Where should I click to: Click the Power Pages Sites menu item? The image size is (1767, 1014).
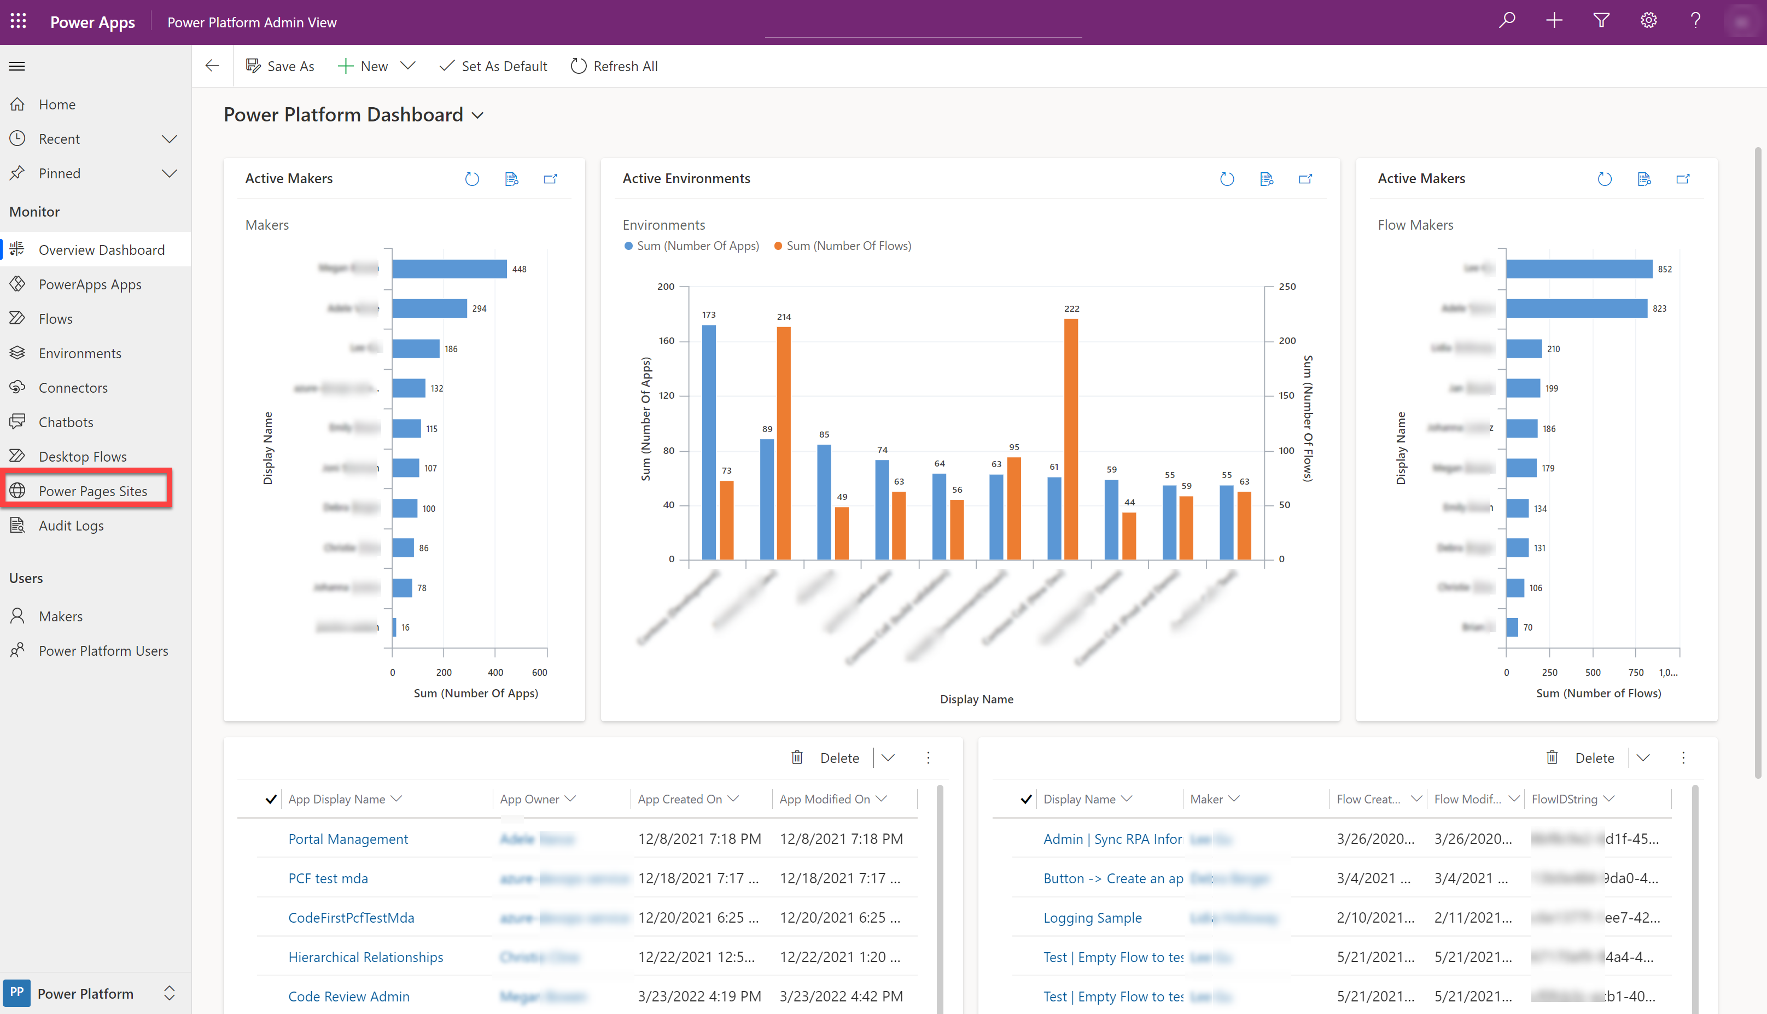pyautogui.click(x=92, y=491)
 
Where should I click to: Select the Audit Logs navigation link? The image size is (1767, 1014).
pyautogui.click(x=71, y=526)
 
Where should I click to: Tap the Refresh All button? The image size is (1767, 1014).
pyautogui.click(x=614, y=66)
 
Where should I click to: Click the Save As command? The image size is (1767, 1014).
pyautogui.click(x=280, y=66)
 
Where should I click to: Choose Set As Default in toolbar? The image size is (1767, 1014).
pyautogui.click(x=494, y=66)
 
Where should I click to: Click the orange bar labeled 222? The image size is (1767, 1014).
pyautogui.click(x=1071, y=439)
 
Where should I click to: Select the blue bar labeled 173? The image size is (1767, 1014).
pyautogui.click(x=709, y=442)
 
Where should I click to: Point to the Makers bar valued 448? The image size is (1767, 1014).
pyautogui.click(x=449, y=269)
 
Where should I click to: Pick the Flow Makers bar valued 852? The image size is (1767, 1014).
pyautogui.click(x=1578, y=269)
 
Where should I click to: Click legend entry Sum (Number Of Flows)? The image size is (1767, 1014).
pyautogui.click(x=848, y=246)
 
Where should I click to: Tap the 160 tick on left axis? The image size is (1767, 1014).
pyautogui.click(x=666, y=341)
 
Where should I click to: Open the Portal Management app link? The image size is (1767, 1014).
pyautogui.click(x=348, y=839)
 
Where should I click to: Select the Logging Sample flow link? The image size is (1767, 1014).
pyautogui.click(x=1092, y=918)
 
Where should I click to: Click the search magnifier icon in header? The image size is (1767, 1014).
pyautogui.click(x=1507, y=21)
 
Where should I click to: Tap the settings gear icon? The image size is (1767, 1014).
pyautogui.click(x=1648, y=21)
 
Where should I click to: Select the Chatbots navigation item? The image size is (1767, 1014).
pyautogui.click(x=66, y=422)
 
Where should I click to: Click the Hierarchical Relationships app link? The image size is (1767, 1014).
pyautogui.click(x=365, y=958)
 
